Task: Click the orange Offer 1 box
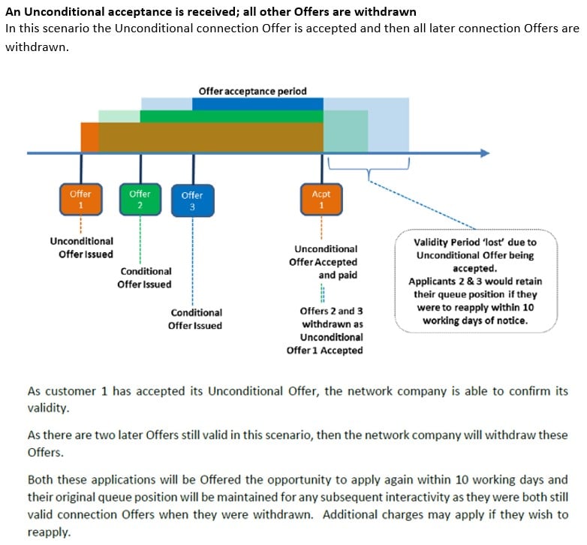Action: click(81, 199)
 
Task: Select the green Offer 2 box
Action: click(140, 199)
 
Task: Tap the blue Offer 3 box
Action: click(193, 200)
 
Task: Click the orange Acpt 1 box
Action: click(321, 200)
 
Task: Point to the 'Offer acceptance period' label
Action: click(252, 91)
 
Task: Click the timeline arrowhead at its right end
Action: click(484, 153)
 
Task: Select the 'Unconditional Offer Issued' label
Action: click(82, 248)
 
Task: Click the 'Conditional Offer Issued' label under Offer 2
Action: click(145, 277)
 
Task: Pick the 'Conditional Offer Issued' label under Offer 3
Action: click(196, 318)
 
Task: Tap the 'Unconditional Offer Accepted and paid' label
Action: click(325, 261)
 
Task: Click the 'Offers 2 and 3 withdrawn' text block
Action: click(325, 330)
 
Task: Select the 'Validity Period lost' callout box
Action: click(475, 280)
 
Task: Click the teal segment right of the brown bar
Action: click(345, 131)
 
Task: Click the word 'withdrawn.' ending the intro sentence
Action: click(36, 47)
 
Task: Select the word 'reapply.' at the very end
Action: click(49, 531)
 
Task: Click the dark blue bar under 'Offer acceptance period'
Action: click(257, 104)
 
